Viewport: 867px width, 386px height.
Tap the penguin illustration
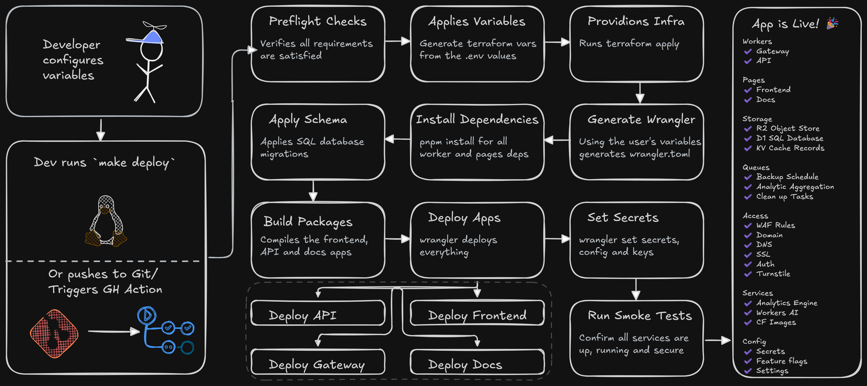pos(106,221)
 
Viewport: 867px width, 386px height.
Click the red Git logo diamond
pos(54,334)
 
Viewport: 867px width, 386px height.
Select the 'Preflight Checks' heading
pos(318,21)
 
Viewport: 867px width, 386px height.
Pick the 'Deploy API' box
pos(318,313)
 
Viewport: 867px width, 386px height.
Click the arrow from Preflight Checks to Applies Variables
pos(397,41)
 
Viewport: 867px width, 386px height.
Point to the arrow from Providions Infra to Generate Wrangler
pos(640,93)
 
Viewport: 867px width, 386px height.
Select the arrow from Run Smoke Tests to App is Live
pos(717,340)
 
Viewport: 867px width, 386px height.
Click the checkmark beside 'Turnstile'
pos(748,274)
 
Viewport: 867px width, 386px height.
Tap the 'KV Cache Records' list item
pos(790,148)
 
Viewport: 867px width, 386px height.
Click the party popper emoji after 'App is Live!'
pos(832,24)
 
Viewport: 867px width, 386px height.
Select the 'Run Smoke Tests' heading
pos(640,315)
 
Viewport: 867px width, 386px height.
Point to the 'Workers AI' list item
pos(777,313)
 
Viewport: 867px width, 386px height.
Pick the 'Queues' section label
pos(756,167)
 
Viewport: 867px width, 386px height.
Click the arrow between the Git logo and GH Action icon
pos(114,331)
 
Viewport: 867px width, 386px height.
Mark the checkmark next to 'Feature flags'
pos(748,361)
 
